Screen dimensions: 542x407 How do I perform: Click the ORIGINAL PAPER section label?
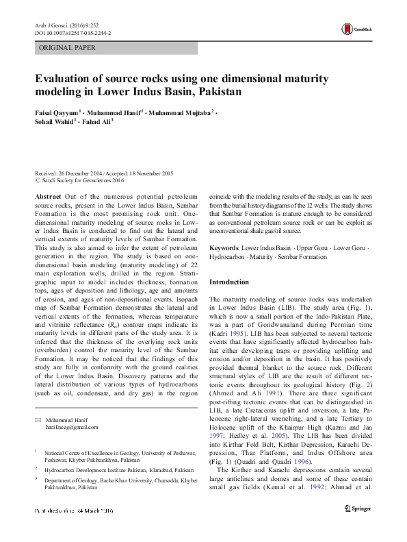[x=67, y=48]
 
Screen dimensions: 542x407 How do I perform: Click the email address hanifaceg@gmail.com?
[x=72, y=426]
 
